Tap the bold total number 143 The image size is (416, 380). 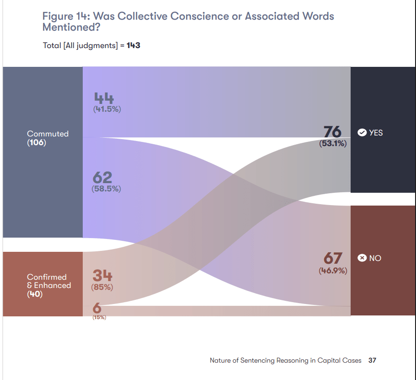click(x=133, y=45)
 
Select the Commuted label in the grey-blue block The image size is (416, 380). click(x=48, y=134)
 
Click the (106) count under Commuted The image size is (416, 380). click(x=37, y=142)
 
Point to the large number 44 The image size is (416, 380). click(x=104, y=98)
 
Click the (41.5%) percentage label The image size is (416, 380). click(x=107, y=109)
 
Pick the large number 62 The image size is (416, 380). click(x=102, y=177)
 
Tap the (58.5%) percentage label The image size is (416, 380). click(x=106, y=189)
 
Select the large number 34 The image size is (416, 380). click(x=102, y=276)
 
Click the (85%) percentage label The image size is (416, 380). click(x=103, y=288)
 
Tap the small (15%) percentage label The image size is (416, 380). click(x=99, y=317)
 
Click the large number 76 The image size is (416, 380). click(x=332, y=132)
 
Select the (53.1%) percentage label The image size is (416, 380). click(x=333, y=143)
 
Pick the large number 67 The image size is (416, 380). click(x=333, y=259)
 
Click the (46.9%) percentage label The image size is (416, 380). click(x=333, y=271)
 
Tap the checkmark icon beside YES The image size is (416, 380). click(x=362, y=133)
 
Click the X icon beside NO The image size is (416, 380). click(x=362, y=258)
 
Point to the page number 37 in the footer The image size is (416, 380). click(x=372, y=360)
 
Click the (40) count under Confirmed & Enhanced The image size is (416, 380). click(x=35, y=294)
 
